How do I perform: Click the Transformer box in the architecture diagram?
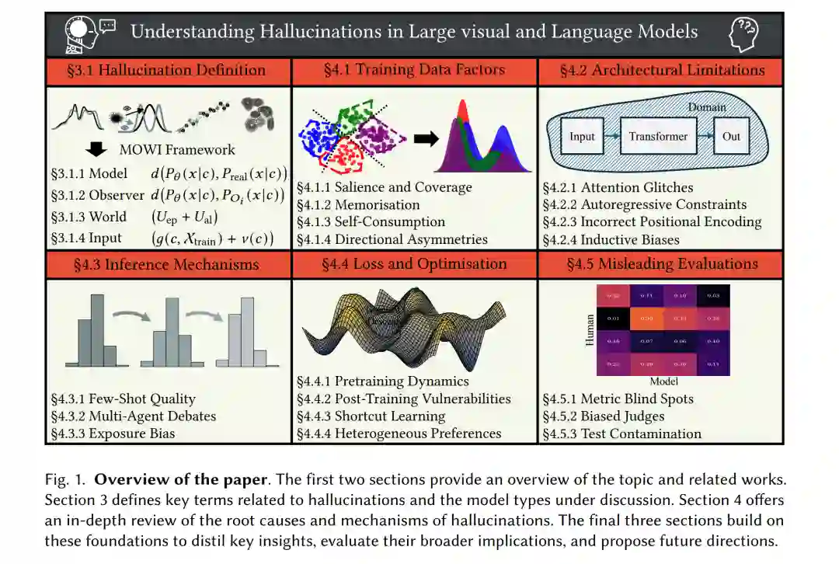658,136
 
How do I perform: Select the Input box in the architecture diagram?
582,136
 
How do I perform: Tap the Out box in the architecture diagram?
731,136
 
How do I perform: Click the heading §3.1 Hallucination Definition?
166,71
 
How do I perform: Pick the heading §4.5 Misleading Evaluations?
662,264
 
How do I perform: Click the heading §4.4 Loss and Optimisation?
414,264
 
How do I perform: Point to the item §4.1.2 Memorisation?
358,205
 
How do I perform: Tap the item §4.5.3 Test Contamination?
621,433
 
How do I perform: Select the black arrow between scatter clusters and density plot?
425,139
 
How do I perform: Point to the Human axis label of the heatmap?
590,330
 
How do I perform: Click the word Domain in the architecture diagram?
707,107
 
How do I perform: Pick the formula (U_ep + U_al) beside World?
185,218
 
